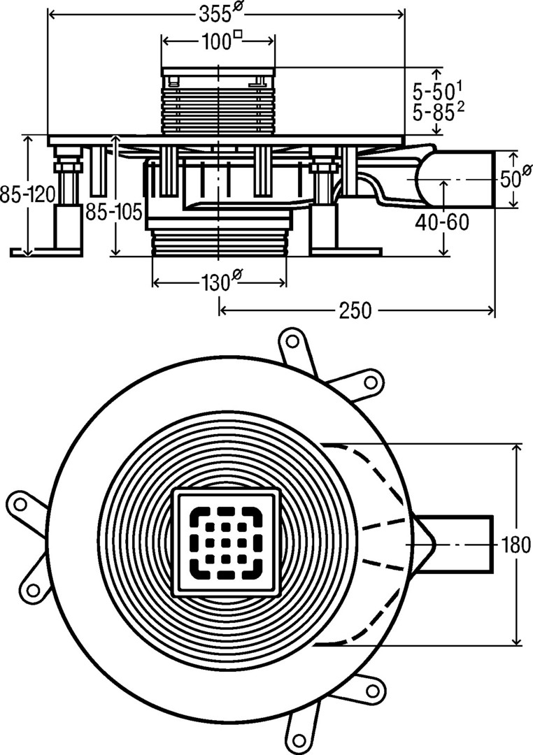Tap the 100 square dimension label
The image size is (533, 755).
point(219,41)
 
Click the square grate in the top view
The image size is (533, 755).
point(226,543)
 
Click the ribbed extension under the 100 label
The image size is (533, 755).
point(219,105)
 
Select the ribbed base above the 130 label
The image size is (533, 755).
point(219,245)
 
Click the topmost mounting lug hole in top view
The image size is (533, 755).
point(292,342)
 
